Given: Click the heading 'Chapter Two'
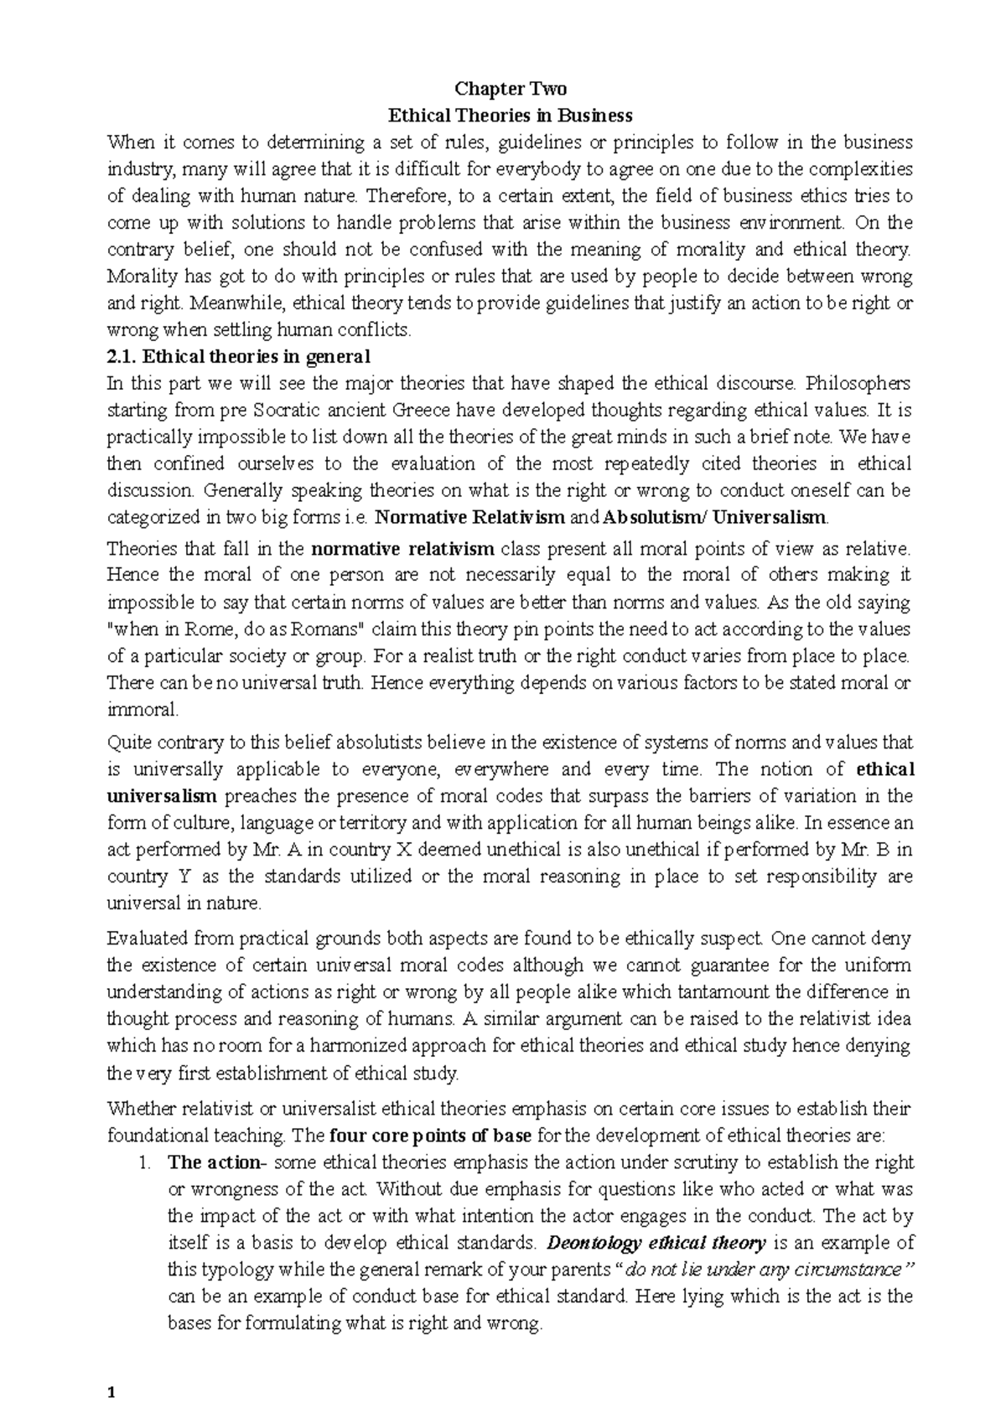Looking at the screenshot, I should [510, 89].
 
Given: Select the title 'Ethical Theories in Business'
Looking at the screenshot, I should [510, 115].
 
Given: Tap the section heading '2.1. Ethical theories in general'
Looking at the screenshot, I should [239, 356].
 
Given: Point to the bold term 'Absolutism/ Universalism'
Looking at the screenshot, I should [714, 517].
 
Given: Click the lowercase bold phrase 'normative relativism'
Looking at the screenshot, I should [402, 550].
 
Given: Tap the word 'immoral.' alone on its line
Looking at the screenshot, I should [131, 710].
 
